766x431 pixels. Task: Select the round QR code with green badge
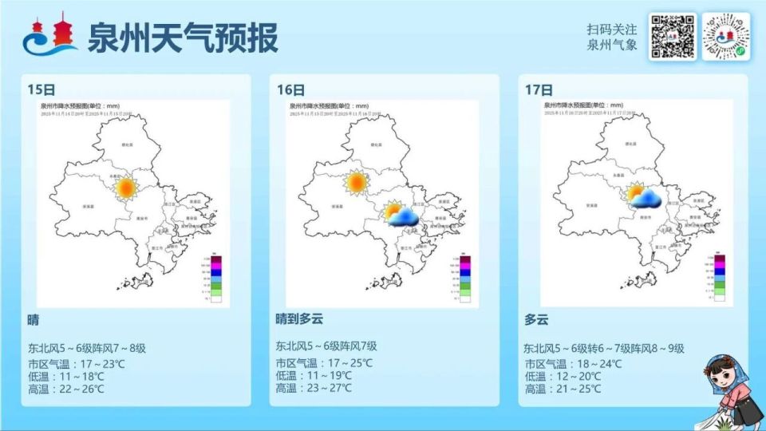coord(728,37)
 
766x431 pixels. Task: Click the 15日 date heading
coord(38,89)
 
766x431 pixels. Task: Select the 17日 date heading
coord(537,89)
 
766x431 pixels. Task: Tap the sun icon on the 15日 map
coord(125,188)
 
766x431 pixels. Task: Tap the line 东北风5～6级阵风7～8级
coord(87,349)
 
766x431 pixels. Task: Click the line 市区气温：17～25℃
coord(324,362)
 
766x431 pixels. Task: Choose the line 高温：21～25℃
coord(573,389)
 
